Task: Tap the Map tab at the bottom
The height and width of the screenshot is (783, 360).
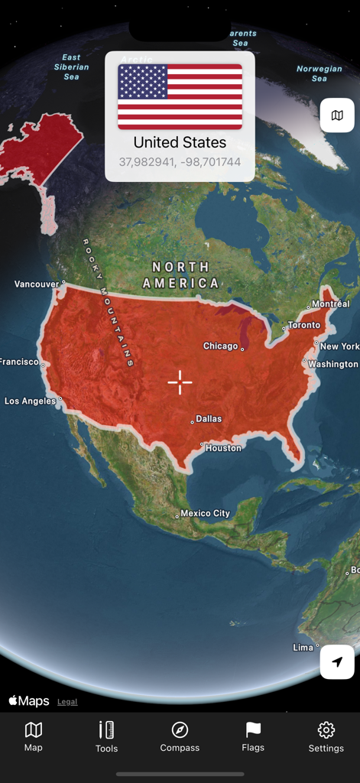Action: pyautogui.click(x=34, y=737)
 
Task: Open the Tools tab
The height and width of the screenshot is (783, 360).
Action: pyautogui.click(x=106, y=737)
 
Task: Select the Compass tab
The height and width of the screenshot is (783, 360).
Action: pyautogui.click(x=180, y=737)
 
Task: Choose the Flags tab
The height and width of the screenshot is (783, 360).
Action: pyautogui.click(x=253, y=737)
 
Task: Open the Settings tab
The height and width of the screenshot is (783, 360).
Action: pyautogui.click(x=326, y=737)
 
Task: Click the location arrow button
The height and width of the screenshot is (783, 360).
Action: pyautogui.click(x=337, y=661)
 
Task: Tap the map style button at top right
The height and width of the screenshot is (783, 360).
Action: pyautogui.click(x=337, y=115)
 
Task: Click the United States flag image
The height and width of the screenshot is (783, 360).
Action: pyautogui.click(x=180, y=96)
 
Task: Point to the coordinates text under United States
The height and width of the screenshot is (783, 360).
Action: pyautogui.click(x=180, y=162)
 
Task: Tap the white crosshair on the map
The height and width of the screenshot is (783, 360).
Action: pyautogui.click(x=180, y=382)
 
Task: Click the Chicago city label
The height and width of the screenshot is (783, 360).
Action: pyautogui.click(x=220, y=346)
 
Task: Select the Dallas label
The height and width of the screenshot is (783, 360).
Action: pyautogui.click(x=209, y=419)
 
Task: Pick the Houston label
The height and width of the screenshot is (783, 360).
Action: pyautogui.click(x=223, y=448)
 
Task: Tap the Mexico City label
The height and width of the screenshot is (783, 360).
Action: pyautogui.click(x=205, y=514)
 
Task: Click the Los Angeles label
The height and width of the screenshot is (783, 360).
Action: pyautogui.click(x=31, y=401)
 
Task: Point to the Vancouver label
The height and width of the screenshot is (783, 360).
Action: pyautogui.click(x=36, y=284)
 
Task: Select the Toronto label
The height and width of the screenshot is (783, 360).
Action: pyautogui.click(x=304, y=325)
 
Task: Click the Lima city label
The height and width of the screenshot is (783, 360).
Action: pyautogui.click(x=303, y=648)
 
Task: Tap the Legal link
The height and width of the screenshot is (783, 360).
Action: pyautogui.click(x=67, y=702)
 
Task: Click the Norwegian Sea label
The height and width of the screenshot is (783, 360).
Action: pyautogui.click(x=319, y=73)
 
